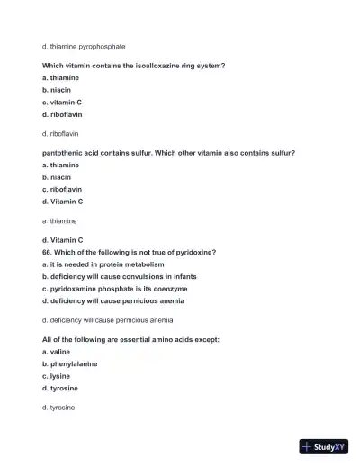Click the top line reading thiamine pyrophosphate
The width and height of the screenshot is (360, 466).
(84, 46)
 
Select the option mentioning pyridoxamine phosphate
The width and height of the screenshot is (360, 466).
(114, 289)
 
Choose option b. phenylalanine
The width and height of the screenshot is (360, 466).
(69, 364)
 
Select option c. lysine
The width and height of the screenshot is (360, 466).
(56, 376)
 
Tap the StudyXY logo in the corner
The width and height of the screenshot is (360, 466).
(324, 445)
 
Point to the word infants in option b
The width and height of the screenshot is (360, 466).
(182, 277)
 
